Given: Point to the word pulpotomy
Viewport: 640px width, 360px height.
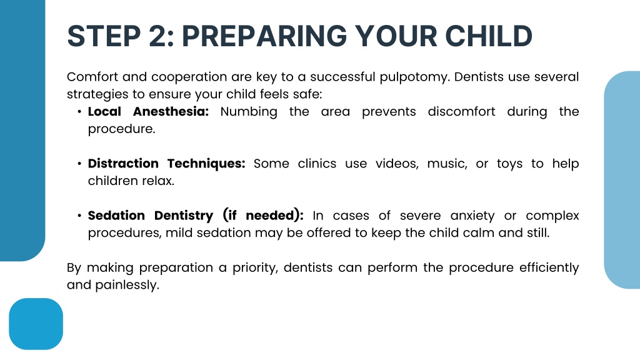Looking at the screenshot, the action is point(414,77).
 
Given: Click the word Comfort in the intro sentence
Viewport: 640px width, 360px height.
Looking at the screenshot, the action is point(92,77).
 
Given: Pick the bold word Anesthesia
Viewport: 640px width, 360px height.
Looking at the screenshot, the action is point(171,111).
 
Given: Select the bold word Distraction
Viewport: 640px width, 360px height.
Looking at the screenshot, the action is point(123,163).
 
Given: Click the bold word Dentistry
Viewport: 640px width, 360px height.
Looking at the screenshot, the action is point(184,216).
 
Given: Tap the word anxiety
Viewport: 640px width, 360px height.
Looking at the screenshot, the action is point(472,216).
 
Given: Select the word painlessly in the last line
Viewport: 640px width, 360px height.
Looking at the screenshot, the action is point(127,285).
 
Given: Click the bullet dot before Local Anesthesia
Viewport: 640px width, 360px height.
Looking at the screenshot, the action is point(79,111).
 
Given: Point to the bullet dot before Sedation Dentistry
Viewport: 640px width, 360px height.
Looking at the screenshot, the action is point(79,216).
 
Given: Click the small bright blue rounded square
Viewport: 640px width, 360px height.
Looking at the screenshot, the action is point(36,324).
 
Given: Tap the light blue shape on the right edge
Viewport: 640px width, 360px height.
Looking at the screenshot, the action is point(622,180).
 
